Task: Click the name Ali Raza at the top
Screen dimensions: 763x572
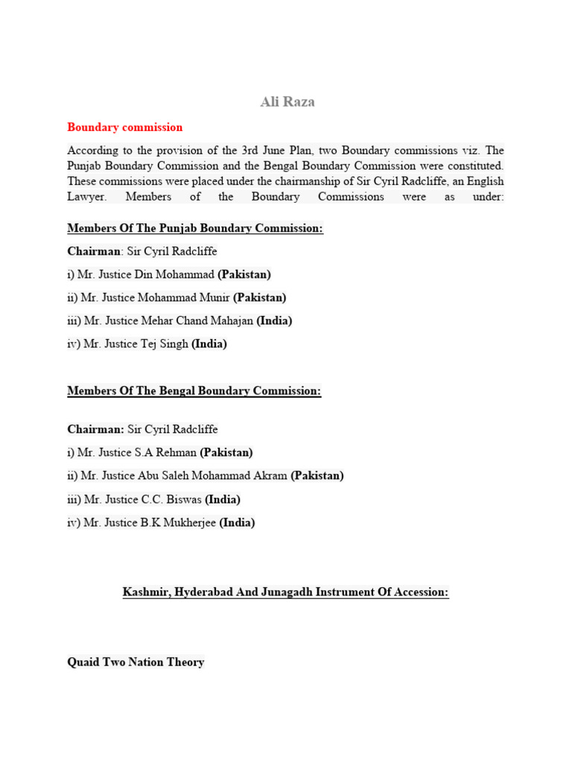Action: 287,102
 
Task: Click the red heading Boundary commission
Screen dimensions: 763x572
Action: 124,127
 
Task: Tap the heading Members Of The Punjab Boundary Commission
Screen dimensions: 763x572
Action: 195,228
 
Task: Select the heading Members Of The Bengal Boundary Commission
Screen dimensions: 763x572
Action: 194,390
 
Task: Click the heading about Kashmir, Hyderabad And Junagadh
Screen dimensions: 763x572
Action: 286,592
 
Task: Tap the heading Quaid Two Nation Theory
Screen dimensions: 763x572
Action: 136,662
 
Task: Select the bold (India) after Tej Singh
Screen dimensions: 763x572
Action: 209,343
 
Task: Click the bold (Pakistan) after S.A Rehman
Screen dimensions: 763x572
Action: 226,452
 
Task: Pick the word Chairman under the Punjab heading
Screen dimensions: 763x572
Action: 95,251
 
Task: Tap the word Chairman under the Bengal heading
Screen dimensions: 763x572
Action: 95,429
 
